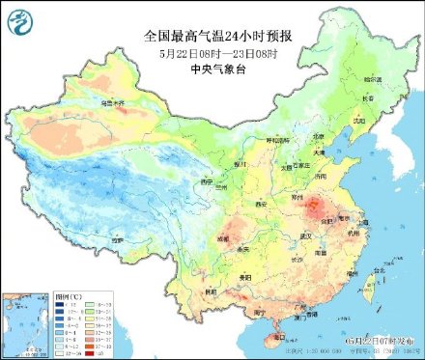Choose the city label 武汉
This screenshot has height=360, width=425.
pos(307,235)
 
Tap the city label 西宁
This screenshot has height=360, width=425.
pos(205,180)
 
